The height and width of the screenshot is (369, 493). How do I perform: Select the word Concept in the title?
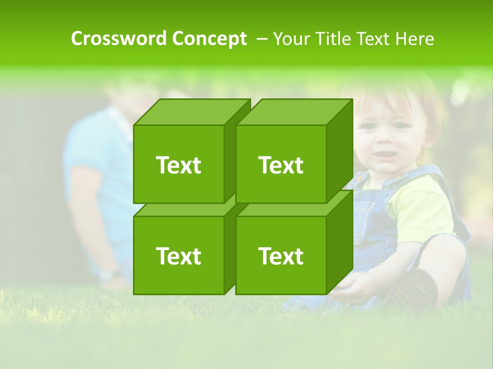click(209, 38)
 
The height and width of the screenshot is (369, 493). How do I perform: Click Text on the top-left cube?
click(178, 165)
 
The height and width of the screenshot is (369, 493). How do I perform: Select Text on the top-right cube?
click(281, 165)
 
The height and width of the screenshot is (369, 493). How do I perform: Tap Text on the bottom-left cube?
click(178, 256)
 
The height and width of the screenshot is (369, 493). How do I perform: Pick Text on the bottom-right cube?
click(281, 256)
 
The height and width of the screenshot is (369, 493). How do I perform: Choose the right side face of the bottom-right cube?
click(339, 241)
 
